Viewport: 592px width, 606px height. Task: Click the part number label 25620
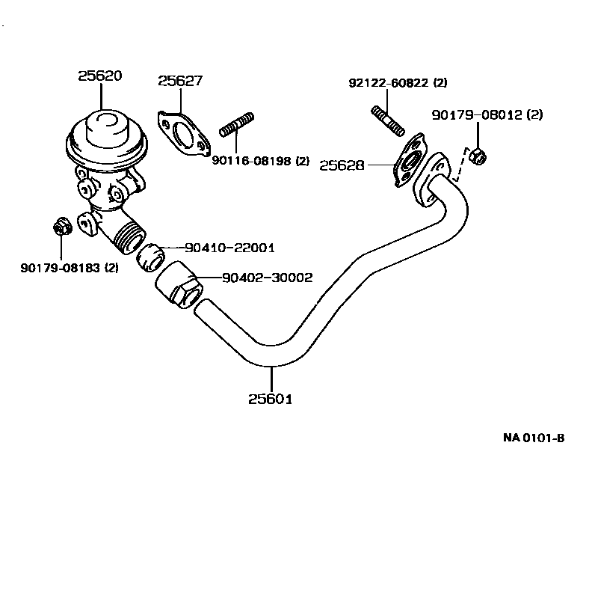click(100, 76)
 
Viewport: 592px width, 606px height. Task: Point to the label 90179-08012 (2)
click(487, 114)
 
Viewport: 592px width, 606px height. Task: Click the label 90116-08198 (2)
click(260, 160)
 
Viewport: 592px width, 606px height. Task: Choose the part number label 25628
click(342, 165)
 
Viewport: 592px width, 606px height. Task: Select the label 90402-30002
click(267, 278)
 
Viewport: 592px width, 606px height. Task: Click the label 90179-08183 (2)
click(69, 267)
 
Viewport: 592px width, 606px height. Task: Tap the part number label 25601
click(270, 399)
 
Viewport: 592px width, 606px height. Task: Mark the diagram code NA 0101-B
click(533, 437)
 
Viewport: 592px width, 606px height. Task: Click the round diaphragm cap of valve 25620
click(107, 129)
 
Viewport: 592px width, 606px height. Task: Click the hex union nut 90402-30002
click(179, 284)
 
